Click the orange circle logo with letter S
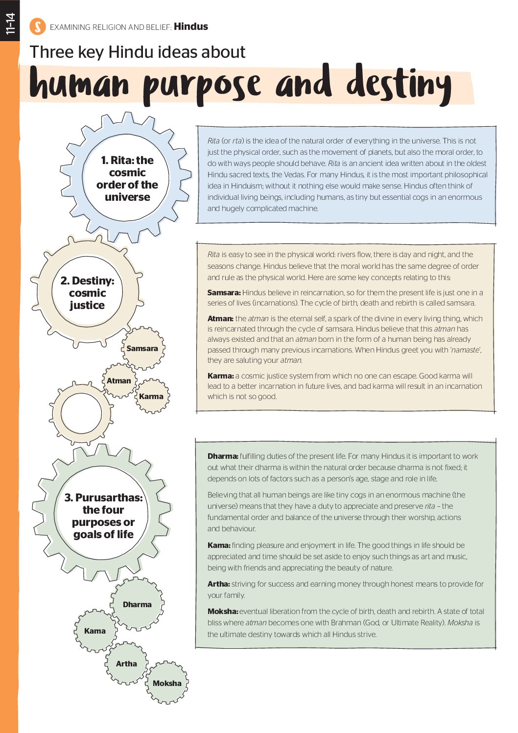(37, 26)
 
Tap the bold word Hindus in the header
(190, 26)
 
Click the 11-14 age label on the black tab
(10, 24)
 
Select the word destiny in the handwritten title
(399, 84)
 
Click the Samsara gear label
(142, 349)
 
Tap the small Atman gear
(119, 380)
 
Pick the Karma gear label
(151, 397)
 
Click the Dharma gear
(137, 605)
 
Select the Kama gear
(95, 631)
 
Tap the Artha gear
(126, 664)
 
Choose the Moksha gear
(167, 684)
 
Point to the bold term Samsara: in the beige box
(224, 293)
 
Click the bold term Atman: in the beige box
(220, 318)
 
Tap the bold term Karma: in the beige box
(220, 376)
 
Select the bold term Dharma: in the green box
(223, 456)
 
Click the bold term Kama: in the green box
(219, 545)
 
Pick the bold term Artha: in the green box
(218, 584)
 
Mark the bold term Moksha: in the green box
(223, 612)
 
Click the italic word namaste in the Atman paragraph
(465, 350)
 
